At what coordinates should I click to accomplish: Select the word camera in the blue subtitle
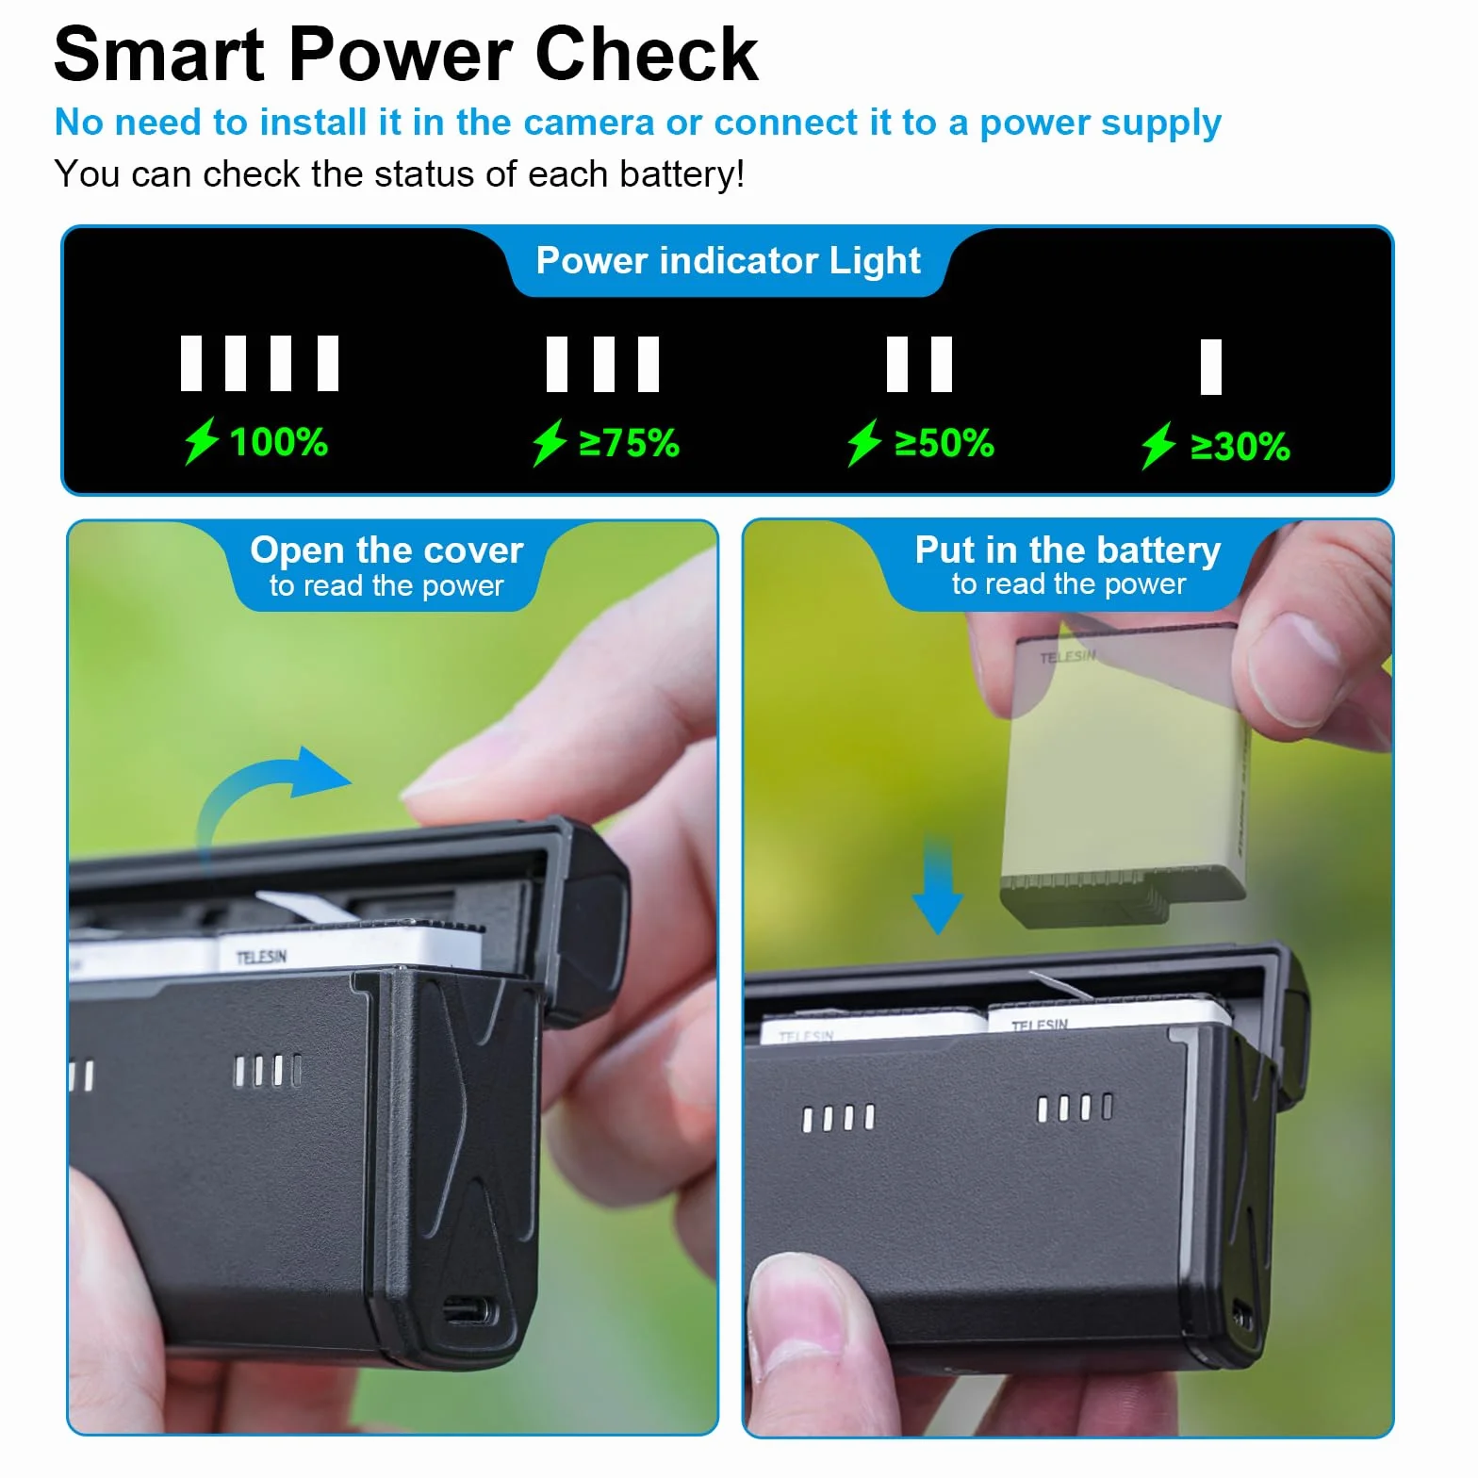(x=588, y=123)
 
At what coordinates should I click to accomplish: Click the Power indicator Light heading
(x=728, y=261)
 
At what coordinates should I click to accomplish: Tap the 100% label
(x=279, y=442)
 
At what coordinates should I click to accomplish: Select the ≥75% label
(x=629, y=443)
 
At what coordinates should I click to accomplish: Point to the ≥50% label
(x=944, y=443)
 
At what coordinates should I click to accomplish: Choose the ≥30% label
(x=1240, y=447)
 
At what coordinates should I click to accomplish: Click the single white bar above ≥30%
(x=1211, y=367)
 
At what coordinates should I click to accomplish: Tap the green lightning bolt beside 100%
(x=201, y=441)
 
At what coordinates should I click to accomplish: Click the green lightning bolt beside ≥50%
(x=863, y=443)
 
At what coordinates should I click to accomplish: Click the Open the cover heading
(x=386, y=550)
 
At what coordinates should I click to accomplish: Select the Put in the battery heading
(x=1068, y=550)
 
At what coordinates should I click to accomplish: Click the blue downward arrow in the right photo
(x=937, y=883)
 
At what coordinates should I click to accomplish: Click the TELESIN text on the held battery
(x=1068, y=656)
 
